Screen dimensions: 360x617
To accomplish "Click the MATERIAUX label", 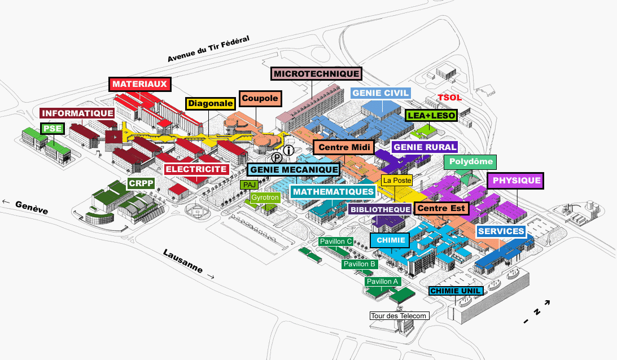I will pos(139,84).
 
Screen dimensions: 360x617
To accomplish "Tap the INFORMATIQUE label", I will pos(77,113).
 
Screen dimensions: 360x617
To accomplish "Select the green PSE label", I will pos(51,129).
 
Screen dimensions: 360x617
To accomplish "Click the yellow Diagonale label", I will pos(210,103).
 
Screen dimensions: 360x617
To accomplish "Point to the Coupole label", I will pos(260,98).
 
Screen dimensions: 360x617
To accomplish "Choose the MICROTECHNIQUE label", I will pos(317,73).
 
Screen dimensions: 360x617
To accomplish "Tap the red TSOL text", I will pos(450,98).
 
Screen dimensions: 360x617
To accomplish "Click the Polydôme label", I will pos(471,162).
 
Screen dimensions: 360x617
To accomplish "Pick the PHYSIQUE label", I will pos(515,181).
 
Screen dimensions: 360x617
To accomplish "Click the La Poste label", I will pos(397,181).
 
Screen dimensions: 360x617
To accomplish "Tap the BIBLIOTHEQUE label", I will pos(380,209).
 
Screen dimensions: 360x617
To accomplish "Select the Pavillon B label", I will pos(359,264).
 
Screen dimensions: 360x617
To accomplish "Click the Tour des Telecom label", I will pos(399,315).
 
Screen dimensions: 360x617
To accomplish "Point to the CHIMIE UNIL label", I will pos(456,291).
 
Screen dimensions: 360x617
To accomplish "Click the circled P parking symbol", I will pos(277,159).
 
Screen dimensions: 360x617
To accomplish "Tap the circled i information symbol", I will pos(290,150).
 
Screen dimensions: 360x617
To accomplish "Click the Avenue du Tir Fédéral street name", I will pos(208,50).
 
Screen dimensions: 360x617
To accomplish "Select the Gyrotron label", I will pos(265,198).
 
